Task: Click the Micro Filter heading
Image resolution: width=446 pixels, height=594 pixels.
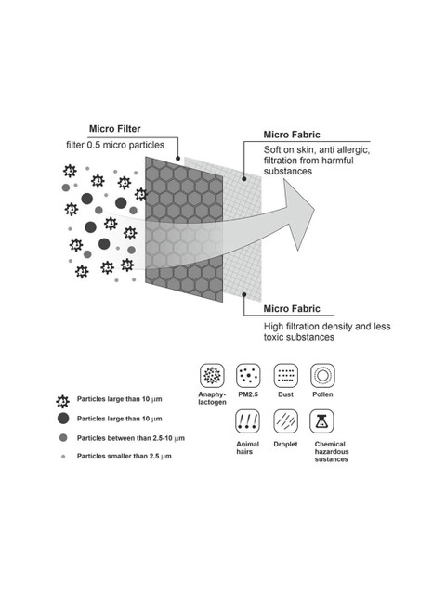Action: [115, 129]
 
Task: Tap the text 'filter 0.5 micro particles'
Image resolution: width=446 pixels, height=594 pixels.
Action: [115, 145]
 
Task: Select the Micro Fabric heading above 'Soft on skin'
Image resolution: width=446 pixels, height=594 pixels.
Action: [292, 135]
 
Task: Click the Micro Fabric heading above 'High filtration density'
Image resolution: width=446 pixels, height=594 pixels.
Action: [292, 309]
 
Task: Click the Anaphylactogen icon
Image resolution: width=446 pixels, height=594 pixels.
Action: [212, 375]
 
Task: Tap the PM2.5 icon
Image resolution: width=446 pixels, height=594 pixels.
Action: [248, 375]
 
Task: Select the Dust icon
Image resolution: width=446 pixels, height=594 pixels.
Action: [285, 375]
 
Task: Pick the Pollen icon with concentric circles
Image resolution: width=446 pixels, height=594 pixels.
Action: [322, 375]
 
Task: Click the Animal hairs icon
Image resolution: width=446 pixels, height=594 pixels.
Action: [247, 420]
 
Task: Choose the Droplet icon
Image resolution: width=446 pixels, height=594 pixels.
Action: [285, 420]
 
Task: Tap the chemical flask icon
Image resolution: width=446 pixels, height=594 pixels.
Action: [321, 420]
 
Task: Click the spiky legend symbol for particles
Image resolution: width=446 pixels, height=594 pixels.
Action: [62, 401]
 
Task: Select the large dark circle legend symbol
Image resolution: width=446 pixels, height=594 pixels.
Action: [63, 419]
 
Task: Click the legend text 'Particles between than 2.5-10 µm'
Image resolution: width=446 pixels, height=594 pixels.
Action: [131, 438]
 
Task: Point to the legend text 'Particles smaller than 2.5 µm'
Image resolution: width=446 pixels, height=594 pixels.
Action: [124, 456]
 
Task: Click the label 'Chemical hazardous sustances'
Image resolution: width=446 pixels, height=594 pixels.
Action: [332, 452]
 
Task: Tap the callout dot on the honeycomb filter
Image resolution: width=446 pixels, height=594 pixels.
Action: [177, 159]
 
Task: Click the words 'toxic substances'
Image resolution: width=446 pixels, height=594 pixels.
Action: [299, 337]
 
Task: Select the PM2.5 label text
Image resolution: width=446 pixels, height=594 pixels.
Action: [248, 394]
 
